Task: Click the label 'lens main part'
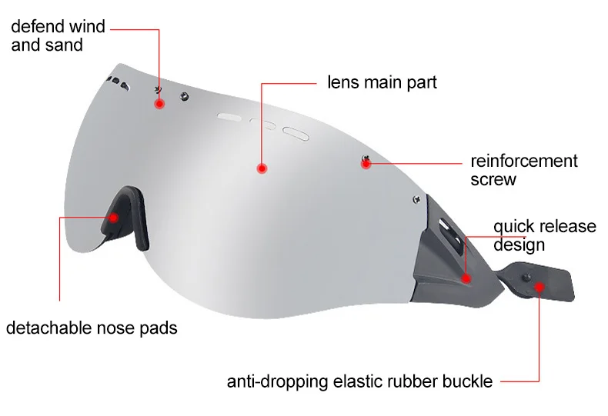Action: tap(382, 82)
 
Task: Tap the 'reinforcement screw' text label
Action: tap(523, 170)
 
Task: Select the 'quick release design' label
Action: tap(544, 235)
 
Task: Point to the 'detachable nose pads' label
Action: tap(92, 328)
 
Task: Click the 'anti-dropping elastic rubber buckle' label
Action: tap(359, 381)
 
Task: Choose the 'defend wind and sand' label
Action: tap(58, 36)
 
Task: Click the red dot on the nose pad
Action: tap(113, 218)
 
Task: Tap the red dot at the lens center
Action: tap(262, 167)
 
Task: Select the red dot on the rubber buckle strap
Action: tap(539, 288)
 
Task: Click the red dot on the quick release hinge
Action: tap(466, 278)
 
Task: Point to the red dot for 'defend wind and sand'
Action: tap(159, 103)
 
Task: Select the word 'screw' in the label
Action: tap(493, 180)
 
